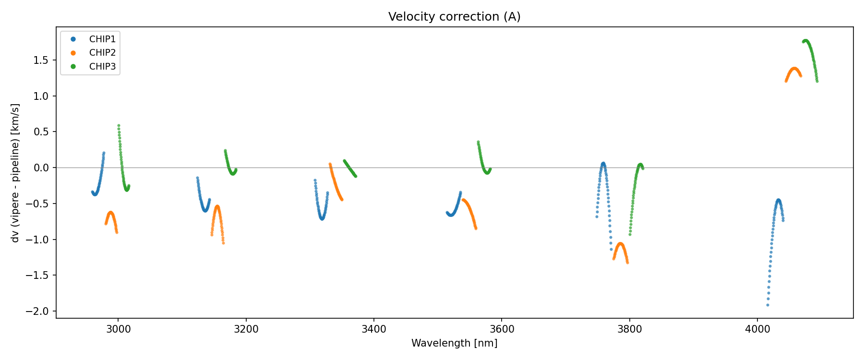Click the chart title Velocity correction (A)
coord(454,17)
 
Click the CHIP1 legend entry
coord(102,39)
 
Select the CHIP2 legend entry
coord(102,53)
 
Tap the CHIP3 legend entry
coord(102,67)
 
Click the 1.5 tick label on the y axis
coord(42,60)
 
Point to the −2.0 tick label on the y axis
coord(38,311)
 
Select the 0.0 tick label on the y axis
coord(42,168)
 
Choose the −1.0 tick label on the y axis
coord(38,240)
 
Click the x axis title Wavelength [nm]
coord(454,343)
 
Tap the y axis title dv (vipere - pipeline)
coord(15,173)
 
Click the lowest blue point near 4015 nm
coord(768,305)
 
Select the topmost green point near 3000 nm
coord(119,126)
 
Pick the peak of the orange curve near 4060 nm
coord(794,69)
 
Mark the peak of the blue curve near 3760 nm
coord(603,164)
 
